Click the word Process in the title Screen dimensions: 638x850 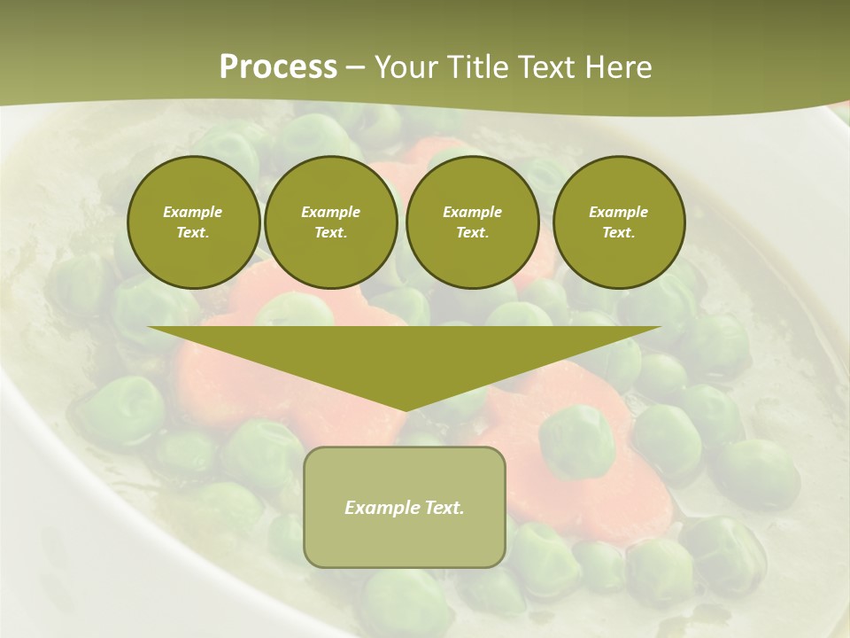click(x=278, y=67)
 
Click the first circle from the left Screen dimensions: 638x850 click(x=193, y=222)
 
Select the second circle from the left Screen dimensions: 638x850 click(x=330, y=222)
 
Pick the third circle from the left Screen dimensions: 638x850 click(x=472, y=222)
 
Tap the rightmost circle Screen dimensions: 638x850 click(x=618, y=222)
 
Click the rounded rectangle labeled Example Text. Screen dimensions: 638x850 click(x=405, y=507)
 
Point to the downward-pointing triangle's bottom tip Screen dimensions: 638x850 click(x=405, y=409)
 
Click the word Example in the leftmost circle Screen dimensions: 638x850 click(x=193, y=212)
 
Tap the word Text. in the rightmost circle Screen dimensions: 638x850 click(x=618, y=233)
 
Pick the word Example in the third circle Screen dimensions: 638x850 click(x=472, y=212)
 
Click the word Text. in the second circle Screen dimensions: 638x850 click(x=330, y=233)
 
